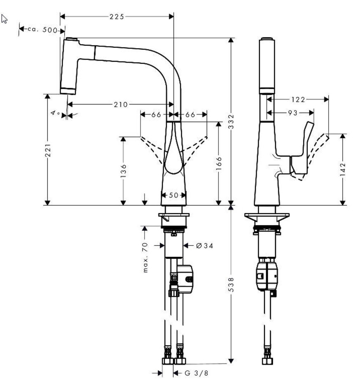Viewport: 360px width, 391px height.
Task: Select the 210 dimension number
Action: pos(120,104)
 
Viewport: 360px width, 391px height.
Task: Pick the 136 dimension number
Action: pos(123,171)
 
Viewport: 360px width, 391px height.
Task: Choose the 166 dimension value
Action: pos(219,164)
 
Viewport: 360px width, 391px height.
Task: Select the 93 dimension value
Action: pos(293,112)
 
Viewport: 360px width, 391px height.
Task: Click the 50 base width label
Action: pos(174,195)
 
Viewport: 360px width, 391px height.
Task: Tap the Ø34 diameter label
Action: pos(204,246)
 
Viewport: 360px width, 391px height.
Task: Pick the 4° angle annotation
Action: pos(55,112)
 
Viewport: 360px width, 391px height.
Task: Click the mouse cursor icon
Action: pos(5,19)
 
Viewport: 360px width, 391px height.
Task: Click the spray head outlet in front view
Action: pos(68,91)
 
